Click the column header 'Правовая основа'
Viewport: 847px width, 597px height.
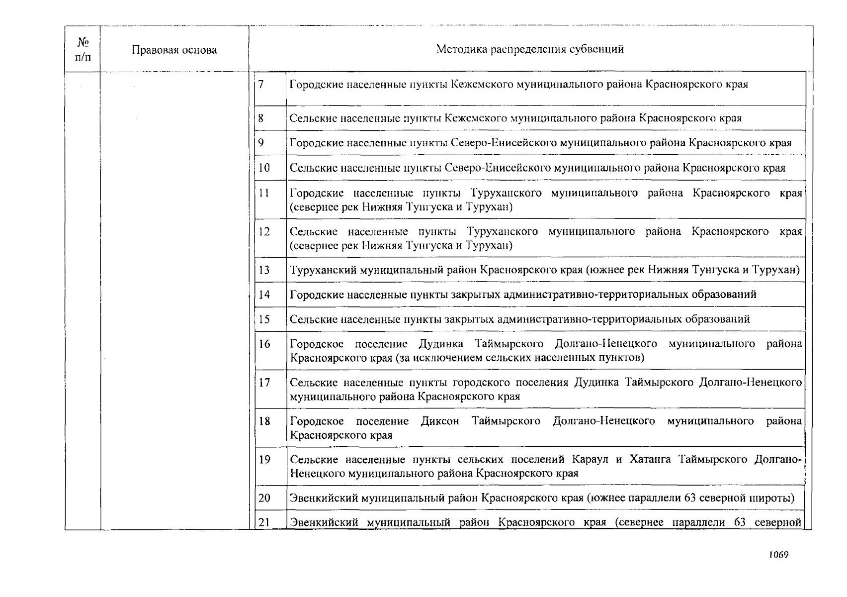coord(174,50)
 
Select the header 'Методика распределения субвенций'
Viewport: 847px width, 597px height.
coord(530,49)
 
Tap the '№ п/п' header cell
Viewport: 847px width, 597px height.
coord(83,50)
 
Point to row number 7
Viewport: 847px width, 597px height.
coord(260,84)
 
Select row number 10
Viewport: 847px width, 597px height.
coord(264,168)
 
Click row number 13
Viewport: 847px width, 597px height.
coord(264,270)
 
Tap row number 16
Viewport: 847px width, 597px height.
coord(264,344)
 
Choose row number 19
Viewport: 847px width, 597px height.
coord(264,460)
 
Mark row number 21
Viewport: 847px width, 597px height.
coord(264,523)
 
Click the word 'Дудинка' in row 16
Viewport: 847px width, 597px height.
coord(441,344)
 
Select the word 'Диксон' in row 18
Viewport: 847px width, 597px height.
coord(440,421)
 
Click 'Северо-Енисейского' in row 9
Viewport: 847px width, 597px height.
coord(504,143)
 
